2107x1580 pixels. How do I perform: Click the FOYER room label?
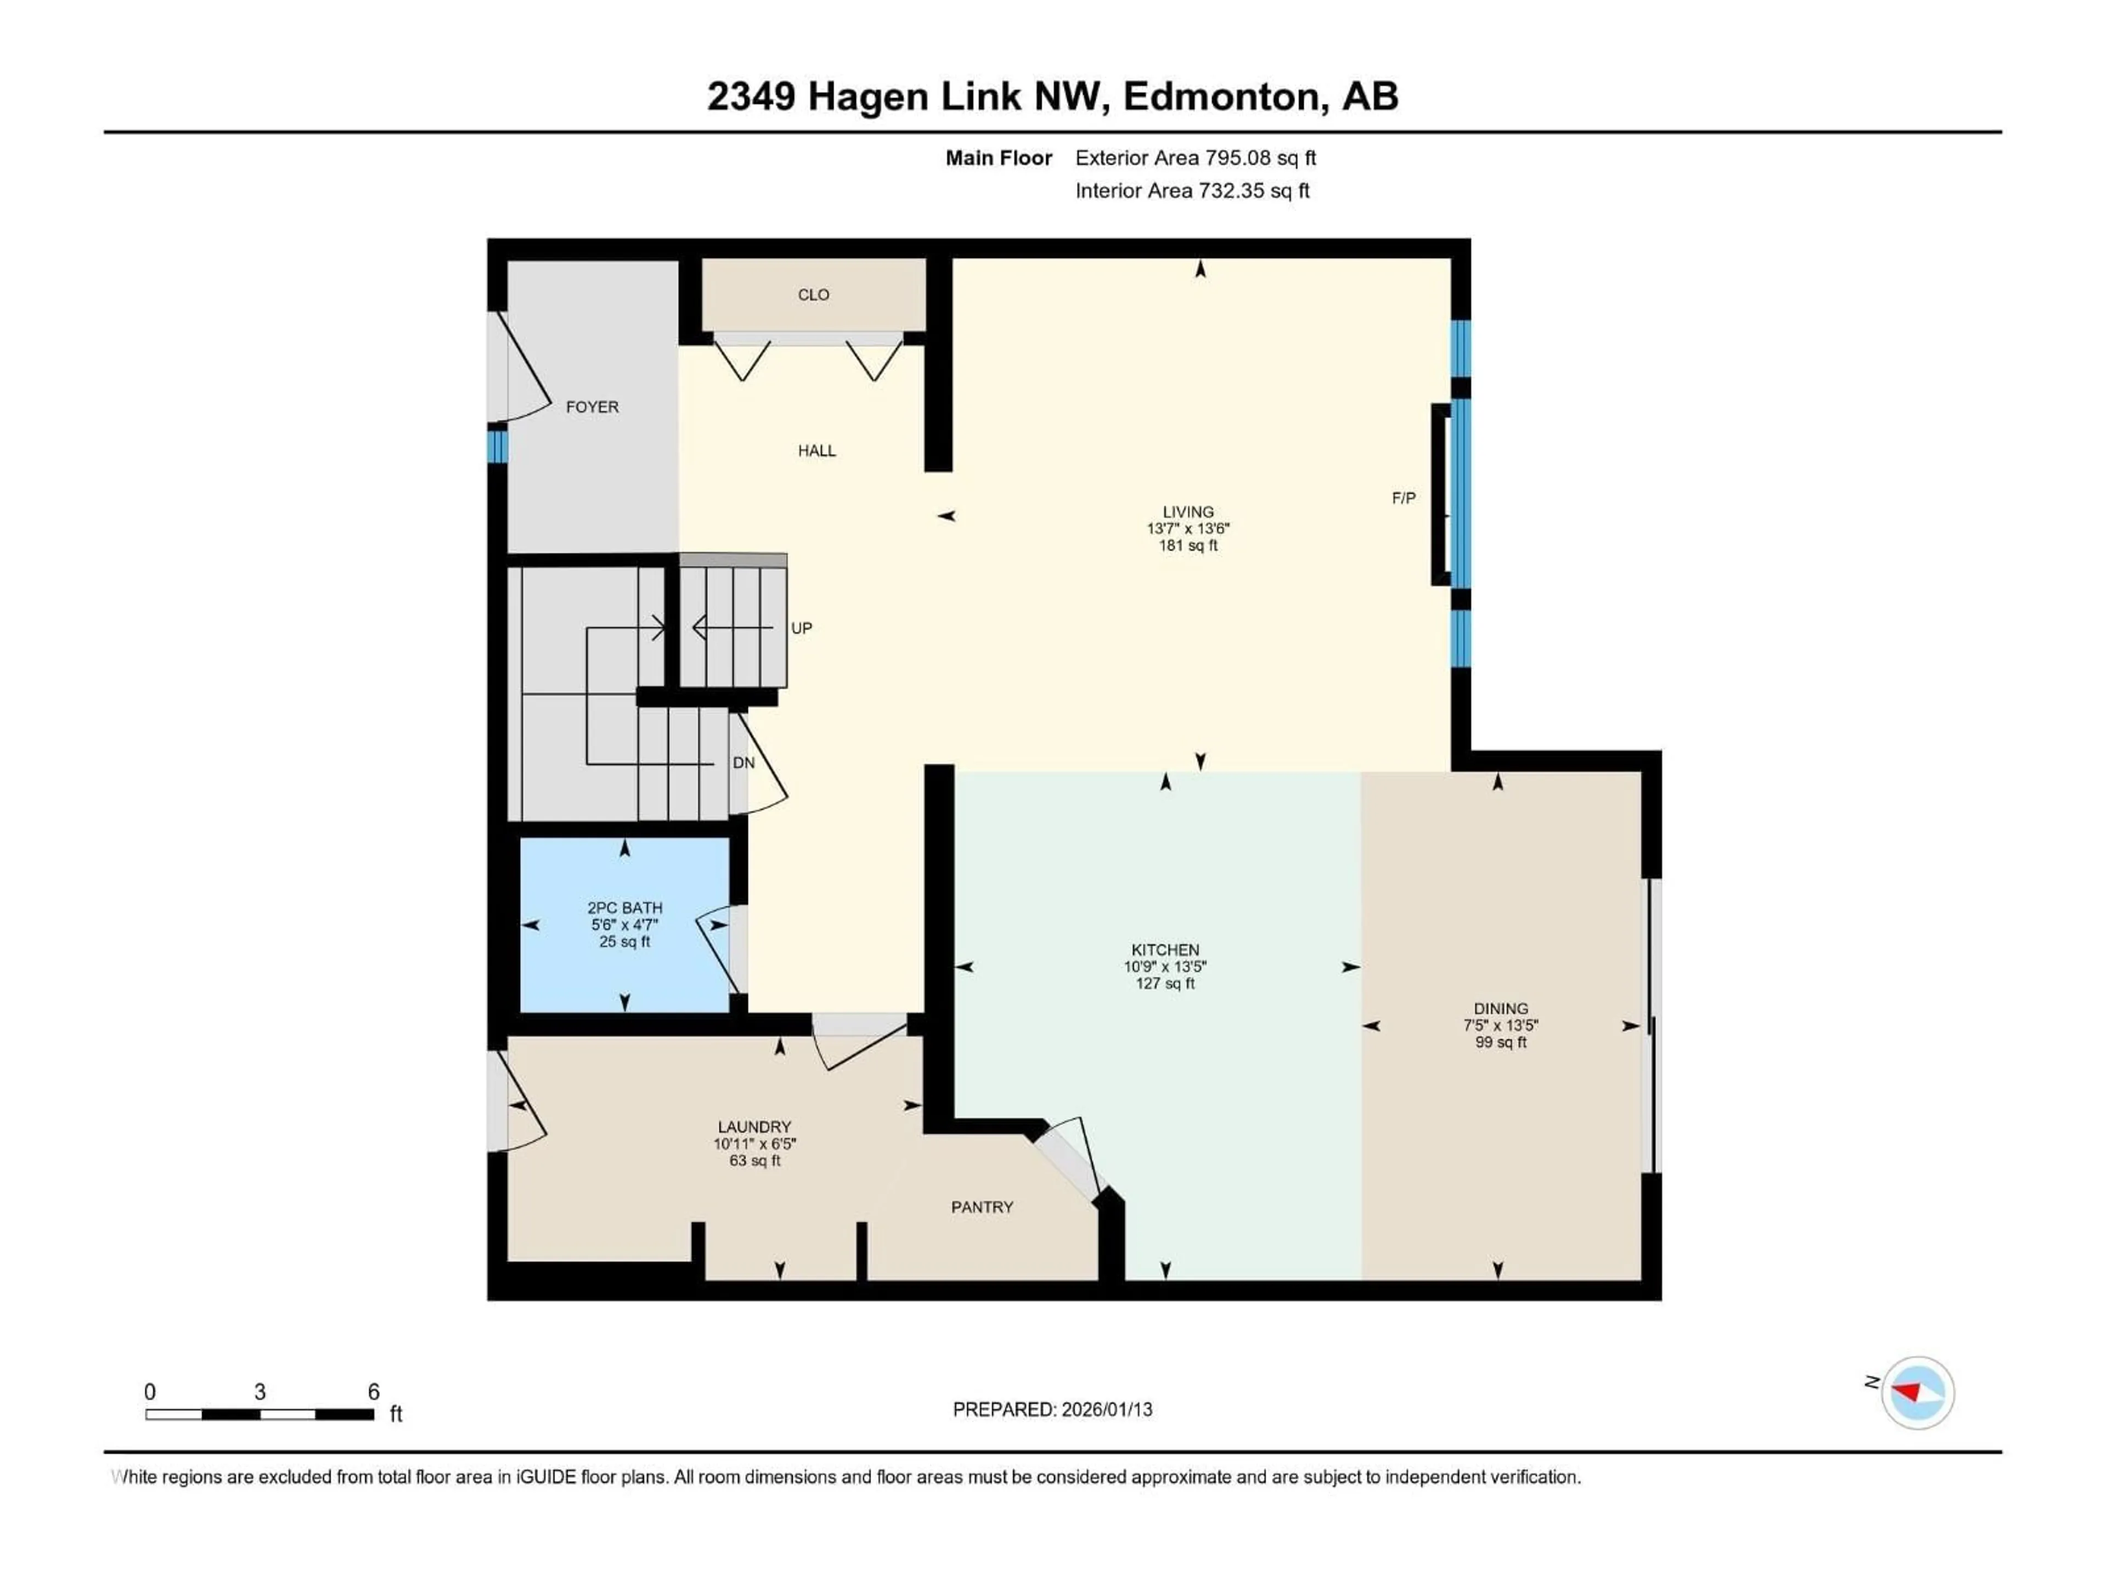[x=591, y=407]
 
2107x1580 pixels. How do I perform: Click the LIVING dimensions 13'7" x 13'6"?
[x=1188, y=528]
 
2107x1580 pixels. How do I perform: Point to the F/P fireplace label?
[x=1403, y=498]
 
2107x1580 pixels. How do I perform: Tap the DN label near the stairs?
[x=743, y=763]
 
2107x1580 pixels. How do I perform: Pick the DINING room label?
[x=1500, y=1008]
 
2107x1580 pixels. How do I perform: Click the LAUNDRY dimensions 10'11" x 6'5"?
[x=754, y=1144]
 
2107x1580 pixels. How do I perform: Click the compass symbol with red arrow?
[x=1918, y=1392]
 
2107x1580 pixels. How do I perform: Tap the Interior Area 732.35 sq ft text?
[x=1192, y=190]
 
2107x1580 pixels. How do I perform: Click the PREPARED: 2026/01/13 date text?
[x=1052, y=1409]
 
